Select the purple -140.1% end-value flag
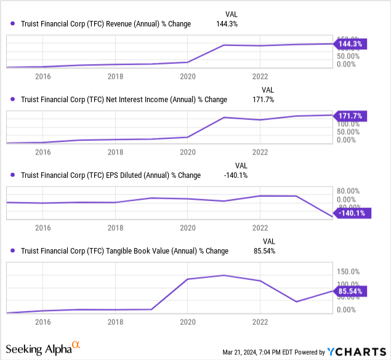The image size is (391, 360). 352,213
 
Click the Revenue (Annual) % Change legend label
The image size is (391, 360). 106,24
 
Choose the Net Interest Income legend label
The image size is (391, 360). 124,100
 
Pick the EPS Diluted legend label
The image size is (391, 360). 111,175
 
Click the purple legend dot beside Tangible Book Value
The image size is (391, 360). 14,251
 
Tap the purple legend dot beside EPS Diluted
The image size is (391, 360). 14,175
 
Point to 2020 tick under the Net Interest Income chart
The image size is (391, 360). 187,151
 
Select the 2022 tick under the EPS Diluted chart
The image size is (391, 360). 260,227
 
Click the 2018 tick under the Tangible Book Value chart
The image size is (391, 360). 115,321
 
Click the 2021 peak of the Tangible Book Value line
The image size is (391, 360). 224,275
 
